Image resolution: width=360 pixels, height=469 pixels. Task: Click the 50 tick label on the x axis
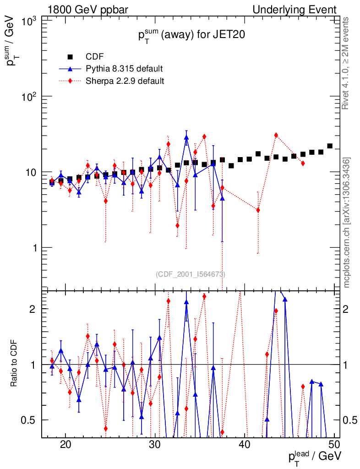coord(334,444)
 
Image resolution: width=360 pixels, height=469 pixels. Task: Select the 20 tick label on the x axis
coord(65,444)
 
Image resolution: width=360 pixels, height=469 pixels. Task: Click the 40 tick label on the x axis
coord(245,444)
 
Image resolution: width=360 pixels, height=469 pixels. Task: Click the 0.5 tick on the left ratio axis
coord(31,420)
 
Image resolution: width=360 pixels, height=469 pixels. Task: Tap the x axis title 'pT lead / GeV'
coord(315,457)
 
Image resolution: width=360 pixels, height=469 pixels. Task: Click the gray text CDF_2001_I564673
coord(190,274)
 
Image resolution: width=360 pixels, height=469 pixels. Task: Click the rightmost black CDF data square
coord(330,146)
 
